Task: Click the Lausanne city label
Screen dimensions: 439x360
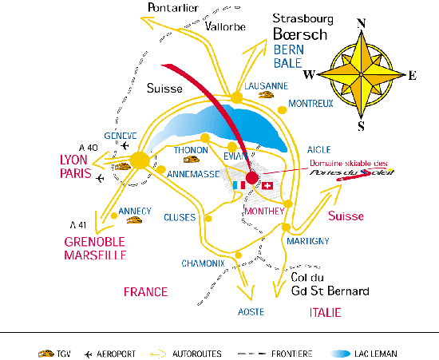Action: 267,86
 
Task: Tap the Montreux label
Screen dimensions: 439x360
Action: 310,104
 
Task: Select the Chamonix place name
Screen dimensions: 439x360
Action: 203,263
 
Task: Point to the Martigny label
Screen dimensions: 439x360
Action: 307,241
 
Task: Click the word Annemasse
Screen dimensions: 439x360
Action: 193,174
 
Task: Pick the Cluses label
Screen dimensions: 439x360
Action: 180,217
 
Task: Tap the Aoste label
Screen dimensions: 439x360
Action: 251,312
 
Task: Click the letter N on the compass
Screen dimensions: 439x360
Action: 362,23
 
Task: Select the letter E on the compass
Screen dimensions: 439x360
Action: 413,76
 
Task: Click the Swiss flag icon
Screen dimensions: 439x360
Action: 267,186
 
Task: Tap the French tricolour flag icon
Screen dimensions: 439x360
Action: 239,185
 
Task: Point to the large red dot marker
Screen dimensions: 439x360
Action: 251,178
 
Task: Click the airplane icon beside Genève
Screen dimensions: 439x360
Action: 125,145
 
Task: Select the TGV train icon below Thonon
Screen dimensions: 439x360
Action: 192,160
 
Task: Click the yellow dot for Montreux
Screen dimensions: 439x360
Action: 283,110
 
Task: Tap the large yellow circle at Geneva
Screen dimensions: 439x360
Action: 140,160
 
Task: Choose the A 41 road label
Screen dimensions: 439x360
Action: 78,225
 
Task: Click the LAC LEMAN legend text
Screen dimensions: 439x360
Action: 376,354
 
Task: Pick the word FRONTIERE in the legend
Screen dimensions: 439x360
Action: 291,354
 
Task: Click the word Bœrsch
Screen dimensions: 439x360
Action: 300,34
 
